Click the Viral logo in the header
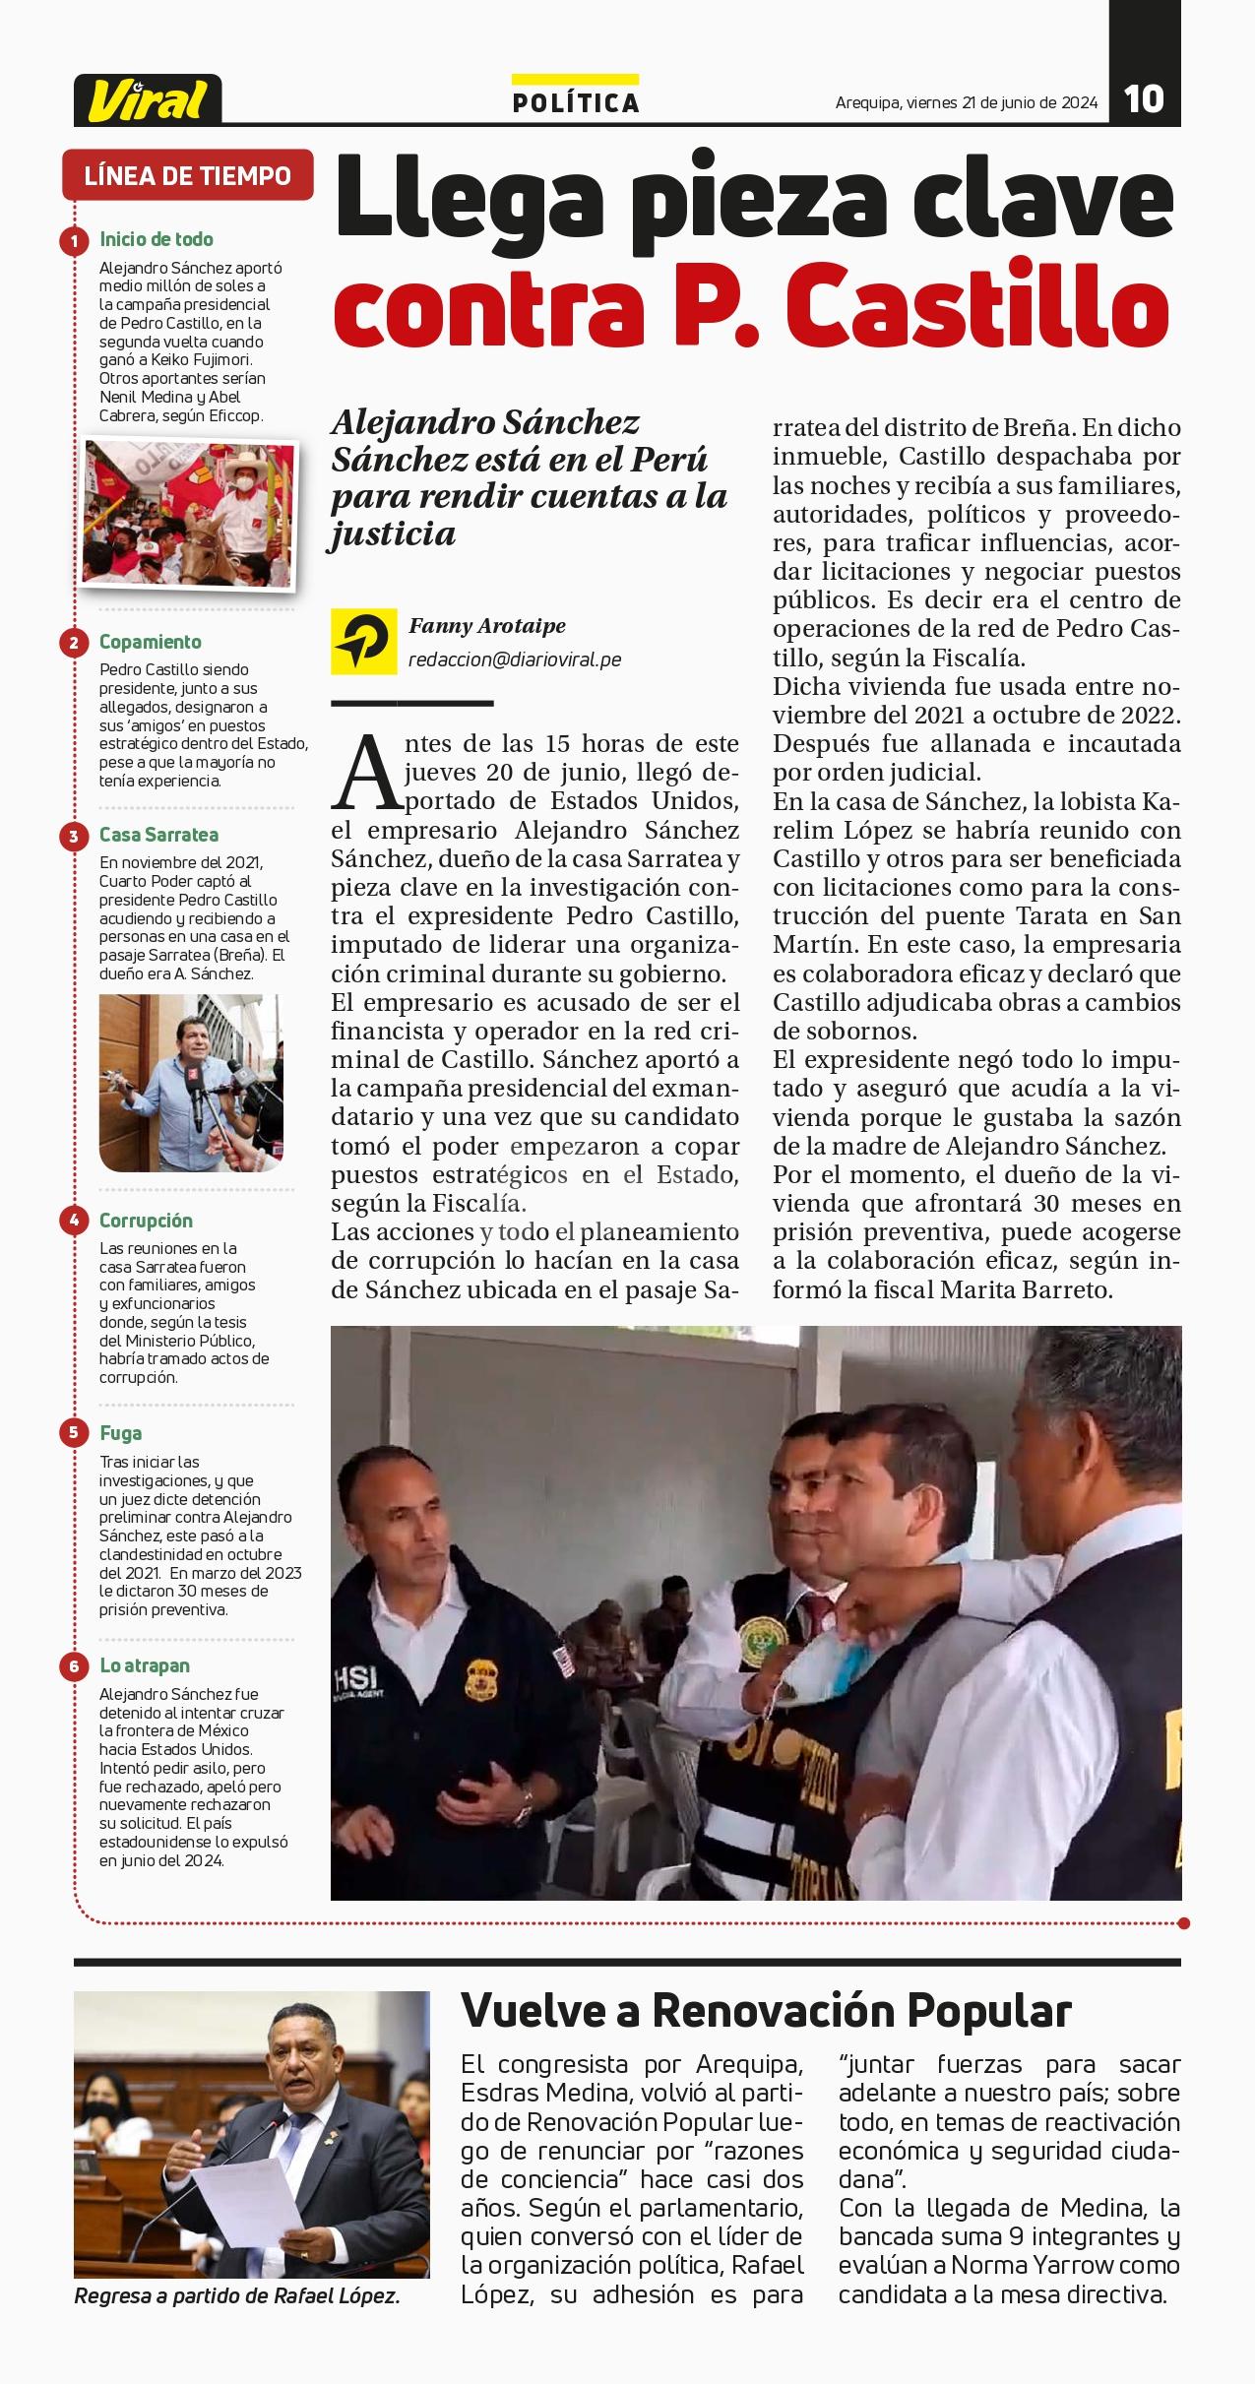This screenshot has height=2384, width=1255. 148,99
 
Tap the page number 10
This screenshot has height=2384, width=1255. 1144,98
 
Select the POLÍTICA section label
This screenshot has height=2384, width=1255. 576,102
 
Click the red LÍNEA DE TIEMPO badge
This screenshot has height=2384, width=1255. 187,176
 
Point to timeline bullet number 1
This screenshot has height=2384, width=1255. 74,240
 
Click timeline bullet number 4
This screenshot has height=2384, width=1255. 74,1222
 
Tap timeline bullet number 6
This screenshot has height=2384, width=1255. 74,1666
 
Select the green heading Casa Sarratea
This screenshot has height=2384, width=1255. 158,836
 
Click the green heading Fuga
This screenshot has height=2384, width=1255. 120,1433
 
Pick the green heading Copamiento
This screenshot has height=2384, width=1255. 150,642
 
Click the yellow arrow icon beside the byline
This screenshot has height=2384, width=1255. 363,641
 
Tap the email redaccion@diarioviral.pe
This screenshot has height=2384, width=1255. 515,659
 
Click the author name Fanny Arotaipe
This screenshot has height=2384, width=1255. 487,626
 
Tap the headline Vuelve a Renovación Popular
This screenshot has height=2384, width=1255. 766,2010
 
